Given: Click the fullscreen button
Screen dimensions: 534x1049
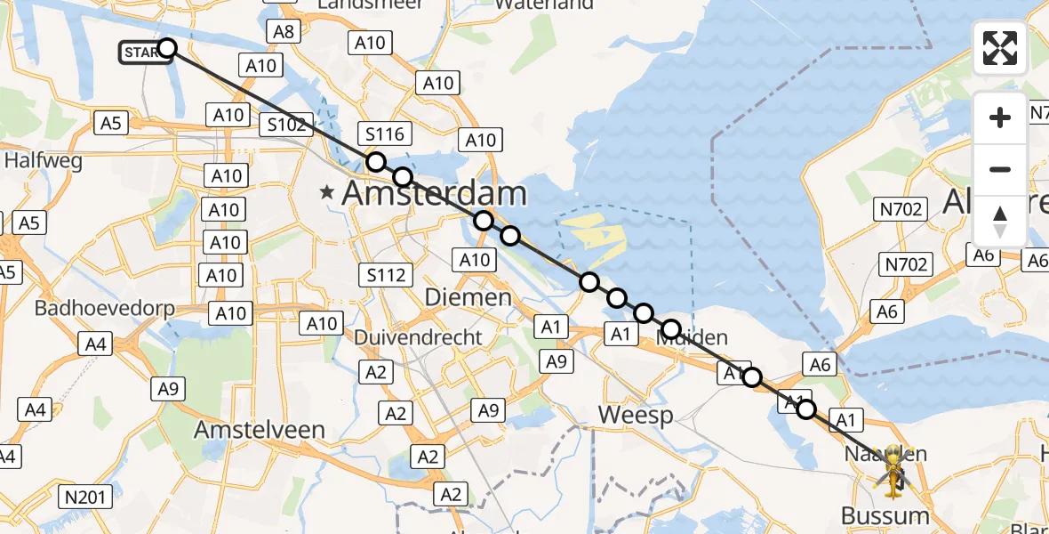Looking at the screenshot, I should pos(1000,48).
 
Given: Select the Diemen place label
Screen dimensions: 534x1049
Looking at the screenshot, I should pos(468,297).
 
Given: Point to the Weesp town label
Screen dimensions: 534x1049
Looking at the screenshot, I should pos(636,415).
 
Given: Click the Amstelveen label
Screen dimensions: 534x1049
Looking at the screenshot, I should pos(260,430).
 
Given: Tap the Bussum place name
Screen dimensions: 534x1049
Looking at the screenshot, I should pos(885,516).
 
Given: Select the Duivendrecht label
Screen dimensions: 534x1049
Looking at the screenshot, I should pos(418,337).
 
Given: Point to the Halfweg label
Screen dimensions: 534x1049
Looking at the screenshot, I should pos(44,161).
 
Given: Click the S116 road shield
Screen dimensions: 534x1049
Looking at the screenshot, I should pos(385,134).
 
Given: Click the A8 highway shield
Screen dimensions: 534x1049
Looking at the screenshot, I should pos(284,32).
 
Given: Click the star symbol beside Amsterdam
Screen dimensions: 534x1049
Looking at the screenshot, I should pos(328,192).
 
